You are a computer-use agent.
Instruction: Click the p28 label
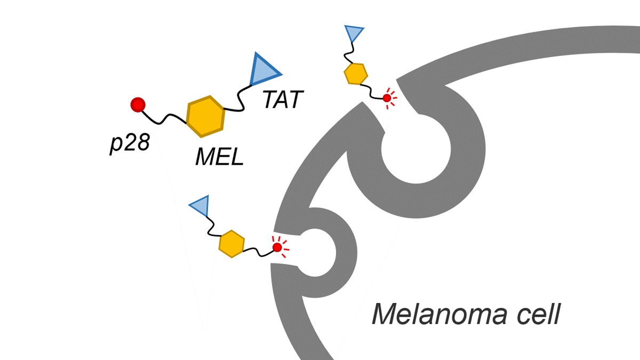(x=130, y=143)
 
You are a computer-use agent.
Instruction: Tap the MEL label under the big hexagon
(x=219, y=157)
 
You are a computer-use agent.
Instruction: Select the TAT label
(x=283, y=99)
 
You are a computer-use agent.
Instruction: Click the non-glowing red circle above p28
(x=138, y=105)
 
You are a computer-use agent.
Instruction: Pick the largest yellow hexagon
(x=205, y=117)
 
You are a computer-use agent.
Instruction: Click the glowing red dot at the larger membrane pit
(x=387, y=98)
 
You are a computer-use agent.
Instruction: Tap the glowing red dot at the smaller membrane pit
(x=277, y=247)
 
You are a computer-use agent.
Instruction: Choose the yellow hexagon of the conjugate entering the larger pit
(x=356, y=74)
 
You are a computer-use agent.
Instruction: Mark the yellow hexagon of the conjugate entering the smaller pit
(x=231, y=244)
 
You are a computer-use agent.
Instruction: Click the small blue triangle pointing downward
(x=354, y=34)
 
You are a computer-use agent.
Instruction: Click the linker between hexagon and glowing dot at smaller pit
(x=259, y=251)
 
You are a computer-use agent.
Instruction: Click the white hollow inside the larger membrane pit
(x=416, y=149)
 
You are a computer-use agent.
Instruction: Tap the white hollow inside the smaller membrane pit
(x=314, y=253)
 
